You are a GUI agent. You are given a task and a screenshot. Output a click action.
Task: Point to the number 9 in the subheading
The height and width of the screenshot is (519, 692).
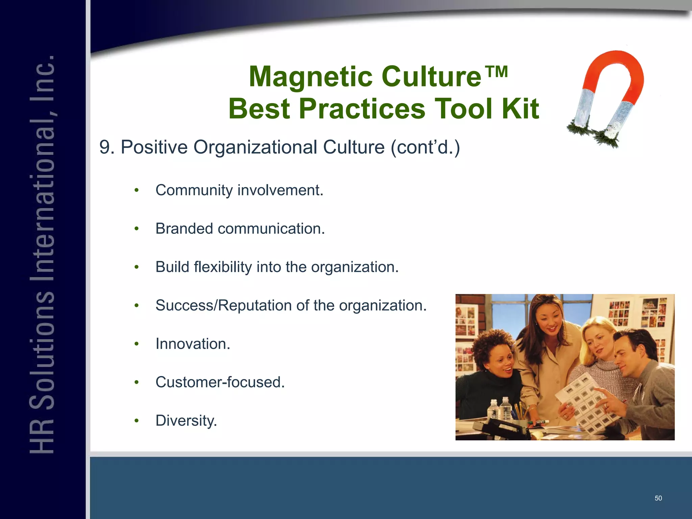click(105, 148)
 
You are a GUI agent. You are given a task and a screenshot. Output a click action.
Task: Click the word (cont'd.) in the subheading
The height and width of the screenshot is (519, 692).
click(425, 148)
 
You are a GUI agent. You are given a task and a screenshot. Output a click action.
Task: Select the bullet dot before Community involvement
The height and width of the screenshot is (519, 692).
click(137, 191)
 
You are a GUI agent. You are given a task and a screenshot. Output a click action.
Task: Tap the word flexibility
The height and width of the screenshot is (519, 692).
click(223, 267)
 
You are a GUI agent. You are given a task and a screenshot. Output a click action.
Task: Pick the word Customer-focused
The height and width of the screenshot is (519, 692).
click(220, 382)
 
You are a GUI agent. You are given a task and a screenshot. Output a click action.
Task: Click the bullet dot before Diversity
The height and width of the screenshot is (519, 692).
click(137, 421)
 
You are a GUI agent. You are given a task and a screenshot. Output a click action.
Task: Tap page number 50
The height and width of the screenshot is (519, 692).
click(658, 498)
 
